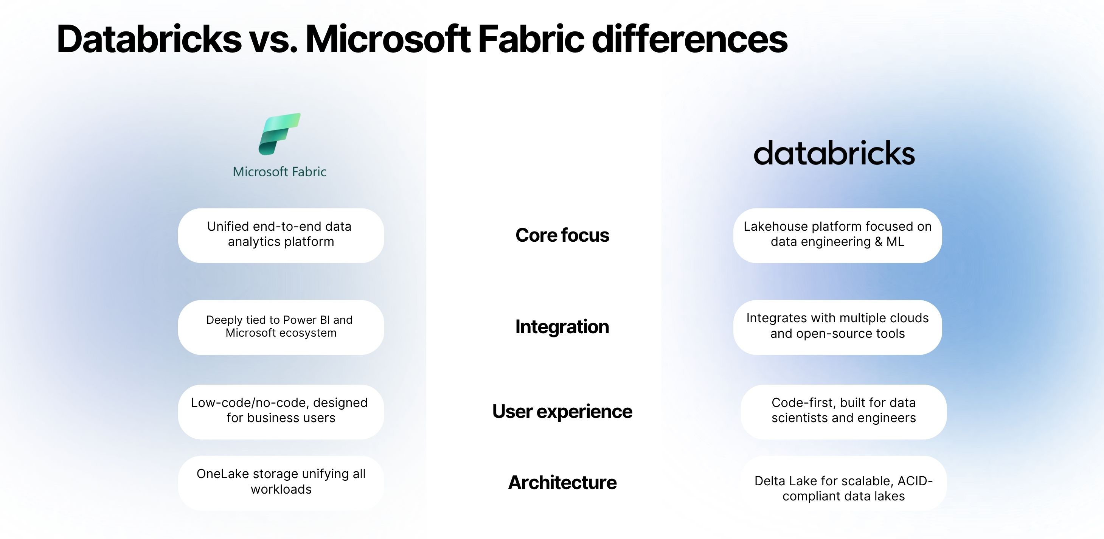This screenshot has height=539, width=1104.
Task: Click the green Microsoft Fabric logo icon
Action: pyautogui.click(x=279, y=134)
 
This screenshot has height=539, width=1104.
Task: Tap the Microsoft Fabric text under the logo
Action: pyautogui.click(x=279, y=172)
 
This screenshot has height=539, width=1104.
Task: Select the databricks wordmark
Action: pyautogui.click(x=834, y=154)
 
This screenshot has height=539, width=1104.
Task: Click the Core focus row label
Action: pyautogui.click(x=562, y=235)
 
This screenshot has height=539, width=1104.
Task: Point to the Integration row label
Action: pyautogui.click(x=562, y=327)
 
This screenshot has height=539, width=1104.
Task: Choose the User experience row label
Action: pyautogui.click(x=562, y=411)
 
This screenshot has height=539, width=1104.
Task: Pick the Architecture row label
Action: pyautogui.click(x=562, y=482)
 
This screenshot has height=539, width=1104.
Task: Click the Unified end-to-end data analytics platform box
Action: pyautogui.click(x=281, y=235)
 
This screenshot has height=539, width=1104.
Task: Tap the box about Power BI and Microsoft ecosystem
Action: pyautogui.click(x=281, y=327)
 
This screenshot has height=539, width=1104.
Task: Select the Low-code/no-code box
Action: pyautogui.click(x=281, y=411)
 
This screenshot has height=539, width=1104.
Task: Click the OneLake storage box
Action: pyautogui.click(x=281, y=482)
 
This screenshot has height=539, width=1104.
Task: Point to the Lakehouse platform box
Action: pyautogui.click(x=837, y=235)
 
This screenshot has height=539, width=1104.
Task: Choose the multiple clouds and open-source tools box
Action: pyautogui.click(x=837, y=327)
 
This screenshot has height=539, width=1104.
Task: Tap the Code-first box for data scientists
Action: pyautogui.click(x=843, y=411)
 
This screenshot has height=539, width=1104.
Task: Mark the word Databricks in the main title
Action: pyautogui.click(x=149, y=39)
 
